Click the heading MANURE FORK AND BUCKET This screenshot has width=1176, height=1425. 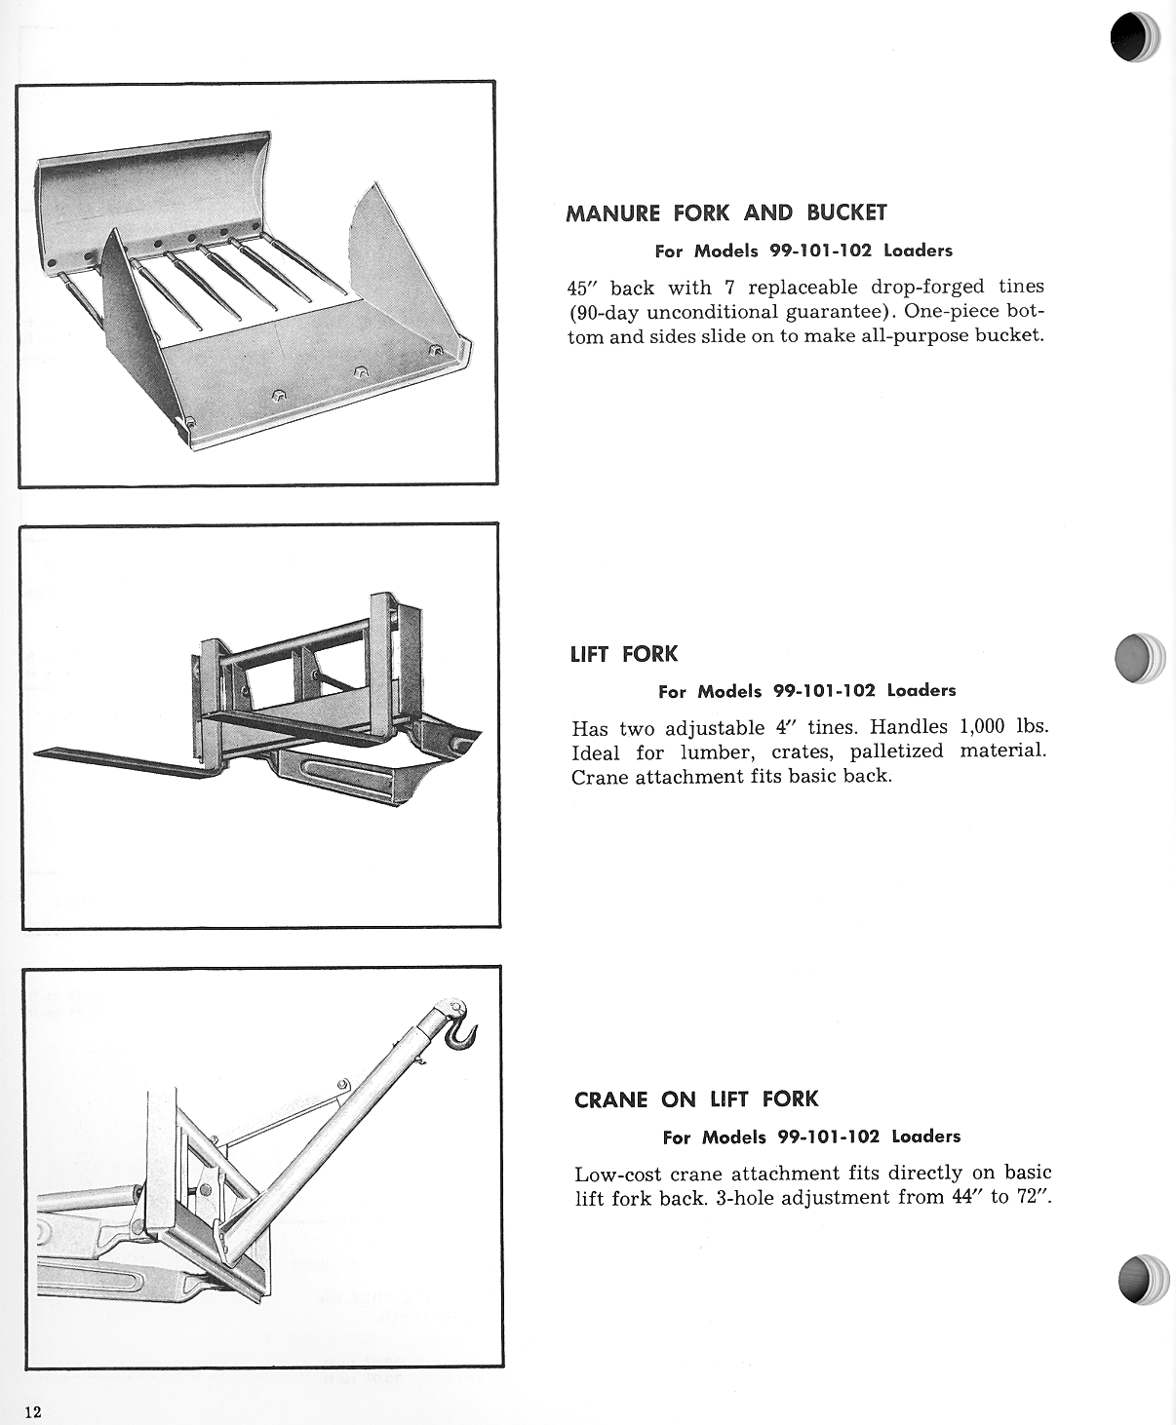[x=726, y=212]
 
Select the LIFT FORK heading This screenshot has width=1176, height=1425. [x=623, y=654]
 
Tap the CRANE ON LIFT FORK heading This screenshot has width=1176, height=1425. [x=696, y=1099]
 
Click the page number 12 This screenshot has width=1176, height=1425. [x=33, y=1413]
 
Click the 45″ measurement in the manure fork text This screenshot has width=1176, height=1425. [x=583, y=288]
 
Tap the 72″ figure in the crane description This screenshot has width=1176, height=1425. [x=1035, y=1197]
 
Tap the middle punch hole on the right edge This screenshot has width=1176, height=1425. [x=1138, y=658]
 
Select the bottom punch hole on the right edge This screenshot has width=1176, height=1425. [x=1142, y=1279]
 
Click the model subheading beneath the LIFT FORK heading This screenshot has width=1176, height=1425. [x=806, y=691]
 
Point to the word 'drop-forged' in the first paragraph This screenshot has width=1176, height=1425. [x=927, y=288]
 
